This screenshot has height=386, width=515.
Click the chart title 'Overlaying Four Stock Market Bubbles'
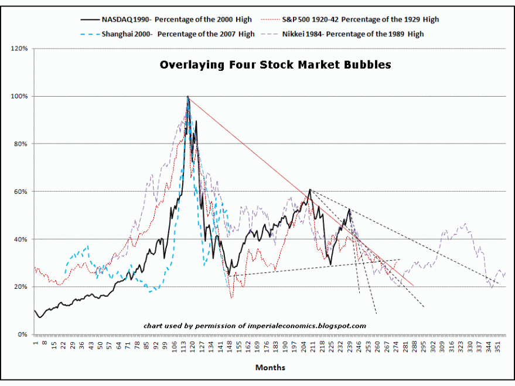click(x=275, y=65)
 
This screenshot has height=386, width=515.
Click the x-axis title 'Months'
click(x=270, y=367)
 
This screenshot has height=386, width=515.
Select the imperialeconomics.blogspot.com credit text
click(x=255, y=326)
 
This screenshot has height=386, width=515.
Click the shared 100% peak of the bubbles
click(x=187, y=96)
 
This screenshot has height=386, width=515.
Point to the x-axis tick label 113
click(x=183, y=346)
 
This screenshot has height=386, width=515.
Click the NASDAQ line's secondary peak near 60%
click(x=309, y=190)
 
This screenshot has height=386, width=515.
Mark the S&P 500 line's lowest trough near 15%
click(x=231, y=298)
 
